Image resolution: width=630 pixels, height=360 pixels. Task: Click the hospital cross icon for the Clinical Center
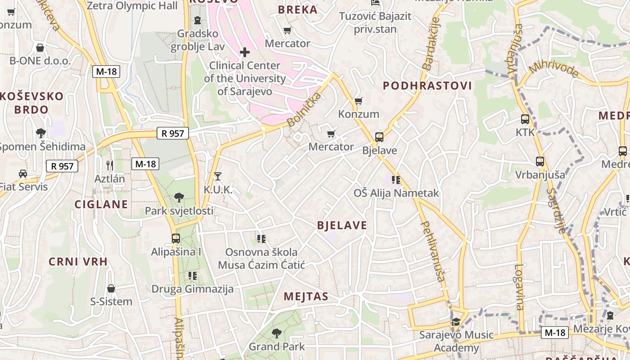pyautogui.click(x=245, y=52)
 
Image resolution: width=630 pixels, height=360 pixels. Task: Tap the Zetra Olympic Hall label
pyautogui.click(x=132, y=6)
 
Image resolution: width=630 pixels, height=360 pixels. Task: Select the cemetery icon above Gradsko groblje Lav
pyautogui.click(x=197, y=20)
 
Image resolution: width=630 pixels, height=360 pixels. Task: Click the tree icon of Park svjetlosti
pyautogui.click(x=179, y=197)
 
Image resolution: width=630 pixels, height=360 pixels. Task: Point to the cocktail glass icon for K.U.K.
pyautogui.click(x=218, y=176)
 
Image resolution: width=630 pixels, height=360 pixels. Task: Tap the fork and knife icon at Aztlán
pyautogui.click(x=109, y=165)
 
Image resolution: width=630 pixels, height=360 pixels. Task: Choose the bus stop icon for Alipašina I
pyautogui.click(x=176, y=238)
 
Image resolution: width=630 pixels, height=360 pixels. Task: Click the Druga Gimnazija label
pyautogui.click(x=193, y=289)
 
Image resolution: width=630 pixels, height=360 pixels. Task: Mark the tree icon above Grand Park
pyautogui.click(x=276, y=333)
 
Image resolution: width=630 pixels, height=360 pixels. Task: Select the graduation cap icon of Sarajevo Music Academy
pyautogui.click(x=456, y=322)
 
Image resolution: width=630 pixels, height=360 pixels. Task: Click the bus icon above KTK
pyautogui.click(x=525, y=119)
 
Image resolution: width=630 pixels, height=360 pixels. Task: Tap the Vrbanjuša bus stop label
pyautogui.click(x=540, y=175)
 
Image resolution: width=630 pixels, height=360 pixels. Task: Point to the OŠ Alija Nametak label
pyautogui.click(x=396, y=193)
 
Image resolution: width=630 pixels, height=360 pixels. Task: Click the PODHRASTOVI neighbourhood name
pyautogui.click(x=427, y=86)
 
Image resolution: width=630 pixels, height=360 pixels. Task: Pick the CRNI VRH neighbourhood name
pyautogui.click(x=78, y=261)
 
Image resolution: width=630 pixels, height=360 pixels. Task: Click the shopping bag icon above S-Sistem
pyautogui.click(x=111, y=288)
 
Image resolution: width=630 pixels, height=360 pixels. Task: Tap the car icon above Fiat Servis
pyautogui.click(x=22, y=174)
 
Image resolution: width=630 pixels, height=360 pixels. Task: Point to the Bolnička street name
pyautogui.click(x=305, y=109)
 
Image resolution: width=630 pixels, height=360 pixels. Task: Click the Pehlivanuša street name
pyautogui.click(x=432, y=251)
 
